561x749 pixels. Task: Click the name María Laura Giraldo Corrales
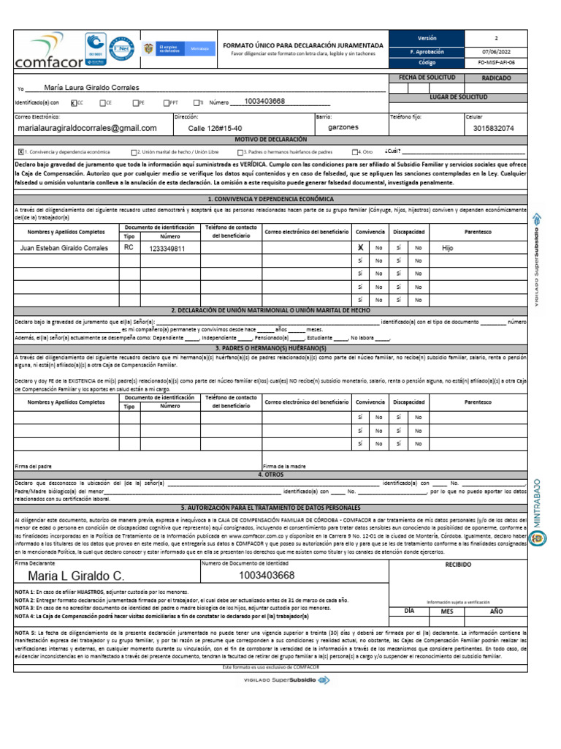pos(91,87)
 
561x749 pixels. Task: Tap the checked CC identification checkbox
pos(74,103)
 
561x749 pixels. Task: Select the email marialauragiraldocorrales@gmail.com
pos(87,128)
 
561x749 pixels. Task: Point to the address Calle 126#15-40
pos(215,128)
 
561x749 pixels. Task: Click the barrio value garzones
pos(343,127)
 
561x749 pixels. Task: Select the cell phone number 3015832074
pos(493,128)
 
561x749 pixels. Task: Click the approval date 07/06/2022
pos(497,50)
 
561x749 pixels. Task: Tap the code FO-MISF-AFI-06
pos(497,63)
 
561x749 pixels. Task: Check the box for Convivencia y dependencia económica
pos(20,151)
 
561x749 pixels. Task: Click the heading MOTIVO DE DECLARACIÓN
pos(270,139)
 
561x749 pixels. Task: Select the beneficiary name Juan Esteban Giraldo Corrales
pos(65,248)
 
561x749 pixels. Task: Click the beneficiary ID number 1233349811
pos(167,249)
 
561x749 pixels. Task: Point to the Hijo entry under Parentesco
pos(448,248)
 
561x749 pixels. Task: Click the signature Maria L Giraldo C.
pos(76,576)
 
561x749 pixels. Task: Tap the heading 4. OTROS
pos(270,474)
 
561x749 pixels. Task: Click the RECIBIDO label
pos(458,565)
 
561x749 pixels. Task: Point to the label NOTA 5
pos(26,631)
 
